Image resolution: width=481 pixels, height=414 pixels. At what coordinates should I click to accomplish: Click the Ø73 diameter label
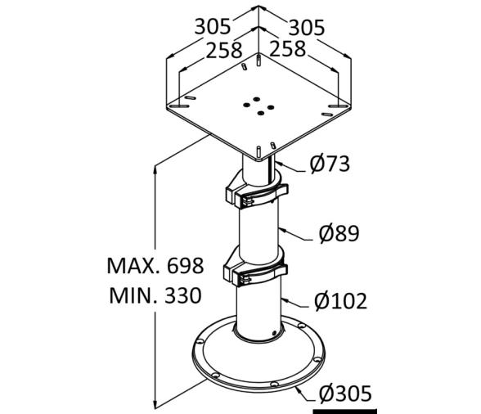click(x=330, y=164)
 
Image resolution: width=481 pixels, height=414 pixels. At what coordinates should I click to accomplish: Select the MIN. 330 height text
click(x=155, y=295)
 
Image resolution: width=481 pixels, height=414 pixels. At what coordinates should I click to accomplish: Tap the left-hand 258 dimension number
click(x=223, y=50)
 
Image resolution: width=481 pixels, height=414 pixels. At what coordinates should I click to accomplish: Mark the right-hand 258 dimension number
click(x=287, y=50)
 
